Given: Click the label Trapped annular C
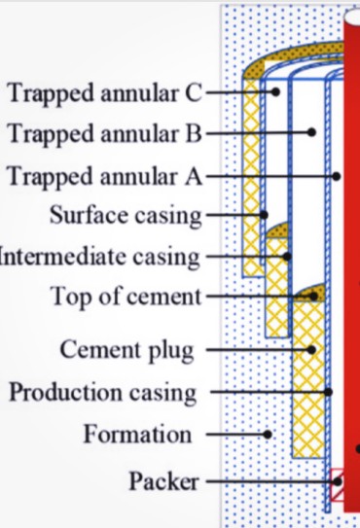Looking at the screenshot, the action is click(105, 92).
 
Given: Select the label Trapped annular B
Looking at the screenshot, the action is click(105, 133).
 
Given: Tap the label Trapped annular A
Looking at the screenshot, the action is click(105, 176).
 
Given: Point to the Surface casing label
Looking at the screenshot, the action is click(126, 215).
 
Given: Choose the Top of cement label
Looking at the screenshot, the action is click(126, 297).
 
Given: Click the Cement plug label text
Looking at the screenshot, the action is click(127, 350).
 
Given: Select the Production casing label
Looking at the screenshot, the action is click(103, 393).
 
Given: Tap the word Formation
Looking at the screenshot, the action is click(137, 434).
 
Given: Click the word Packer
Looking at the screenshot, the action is click(163, 481).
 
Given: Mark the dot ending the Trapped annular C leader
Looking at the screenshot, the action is click(275, 91).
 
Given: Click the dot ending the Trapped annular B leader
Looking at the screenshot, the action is click(311, 132).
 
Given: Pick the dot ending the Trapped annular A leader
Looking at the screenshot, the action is click(336, 176).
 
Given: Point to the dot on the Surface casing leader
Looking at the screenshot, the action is click(264, 215).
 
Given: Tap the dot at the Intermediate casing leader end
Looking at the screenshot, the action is click(287, 257).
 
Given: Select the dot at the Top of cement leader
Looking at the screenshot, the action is click(313, 297).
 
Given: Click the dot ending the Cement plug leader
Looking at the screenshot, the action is click(311, 350).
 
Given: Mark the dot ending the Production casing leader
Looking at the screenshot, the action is click(329, 392).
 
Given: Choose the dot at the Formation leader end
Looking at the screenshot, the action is click(268, 435).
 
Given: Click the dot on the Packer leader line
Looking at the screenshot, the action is click(338, 481).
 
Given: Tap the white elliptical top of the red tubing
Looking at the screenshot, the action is click(352, 17).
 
